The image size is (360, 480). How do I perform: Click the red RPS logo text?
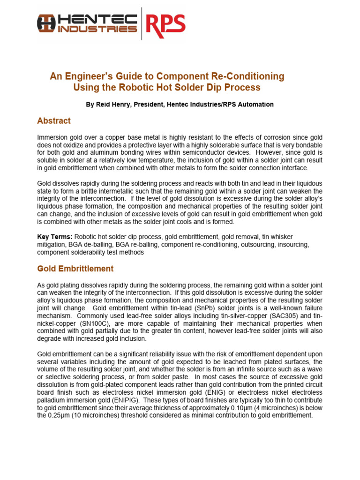[x=165, y=23]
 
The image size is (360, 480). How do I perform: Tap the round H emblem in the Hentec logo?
[x=46, y=22]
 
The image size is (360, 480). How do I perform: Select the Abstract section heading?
[x=54, y=121]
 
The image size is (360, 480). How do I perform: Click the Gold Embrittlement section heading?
[x=75, y=269]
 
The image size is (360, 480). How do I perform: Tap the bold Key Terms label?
[x=54, y=237]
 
